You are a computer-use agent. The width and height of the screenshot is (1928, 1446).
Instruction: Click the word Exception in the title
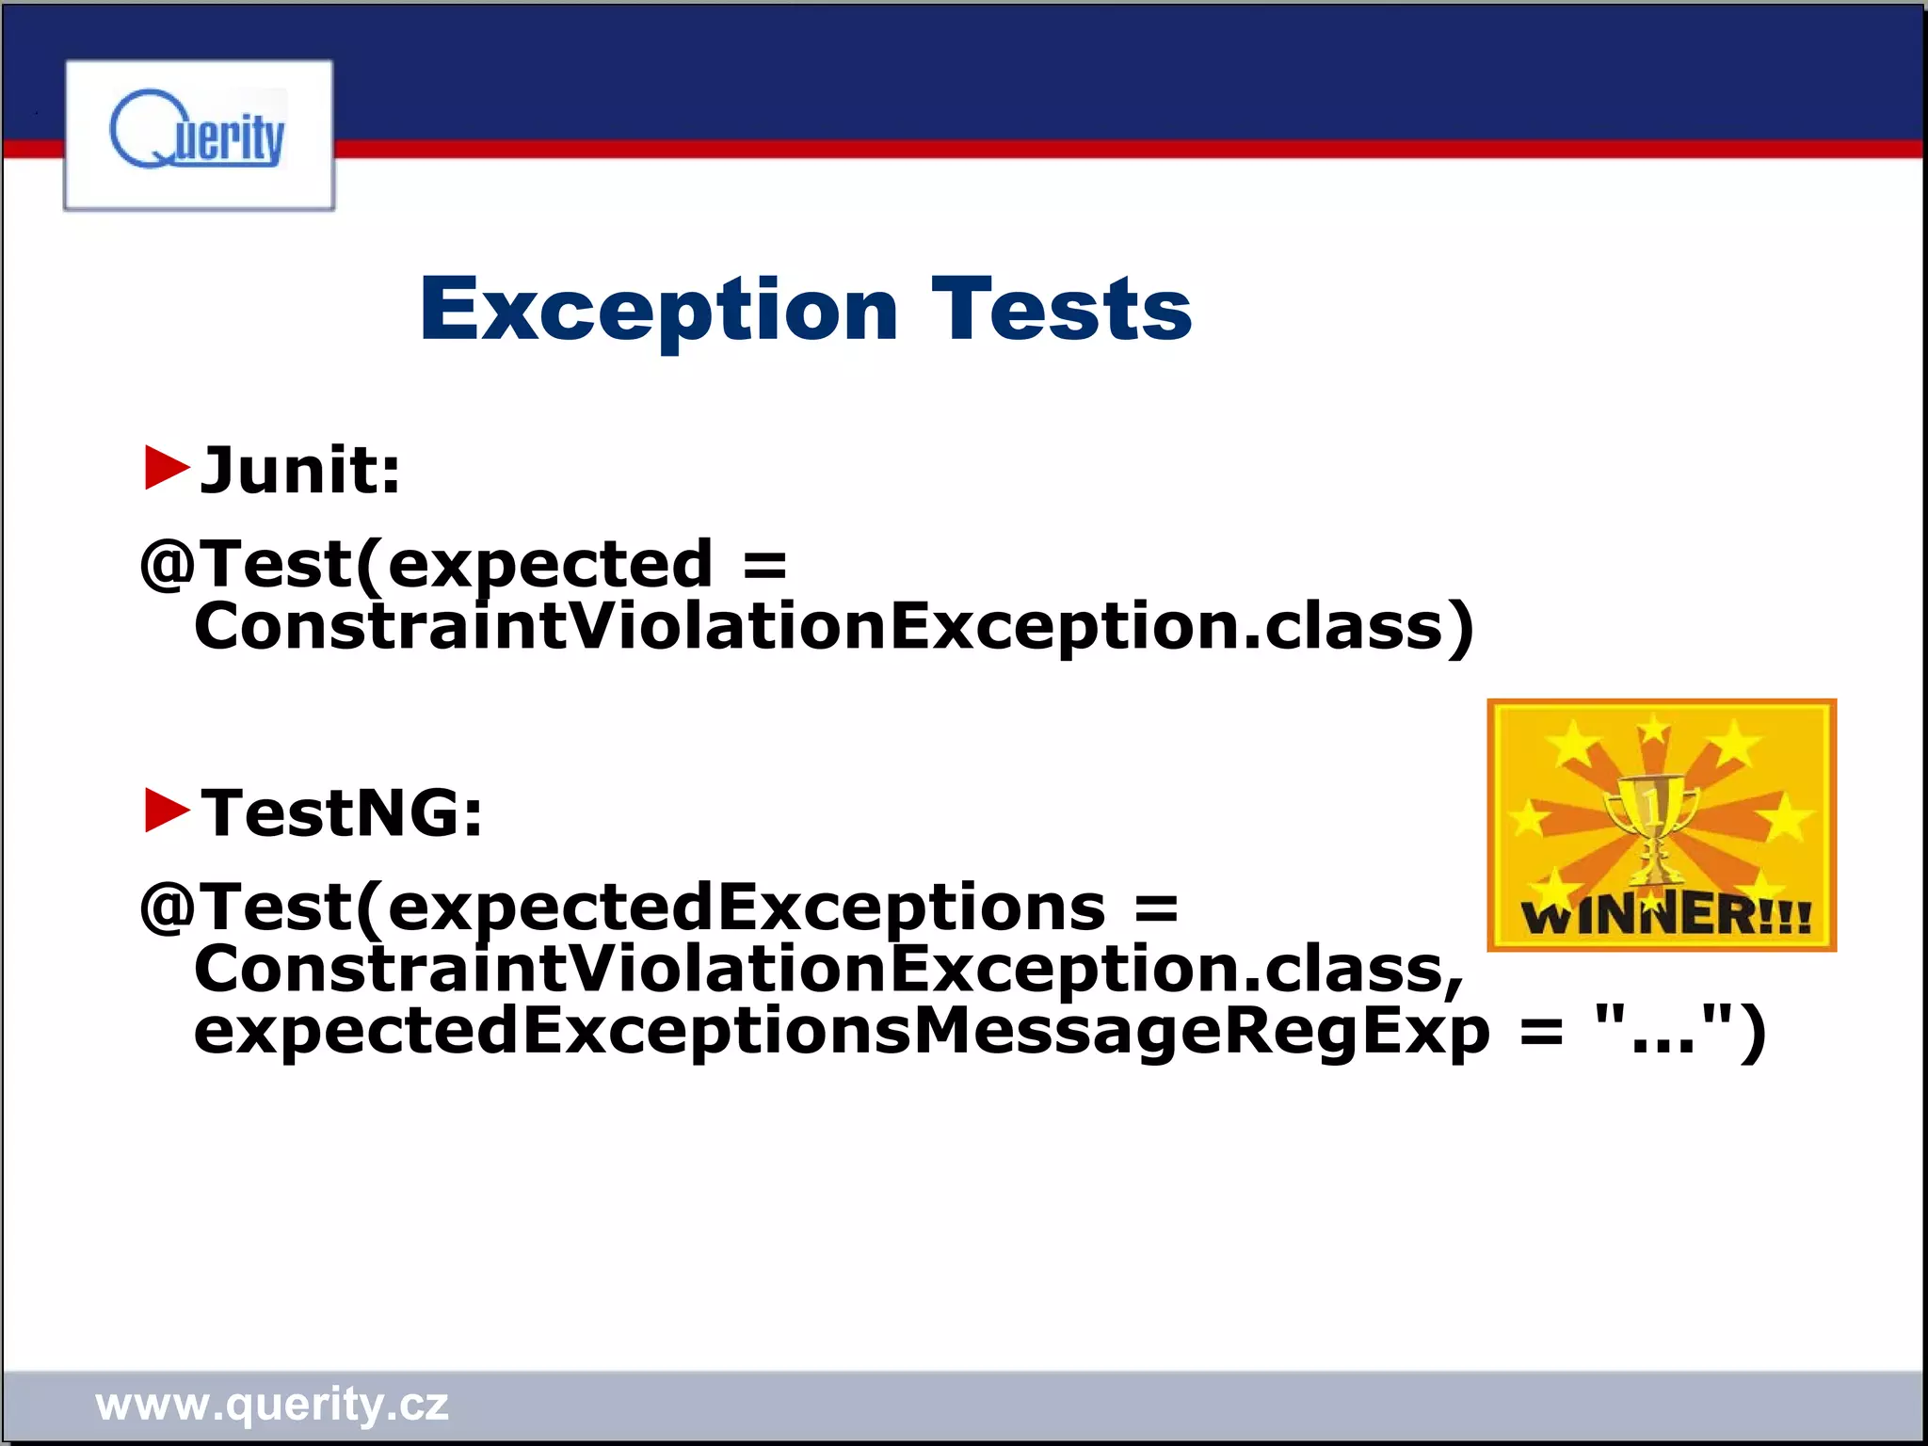coord(659,310)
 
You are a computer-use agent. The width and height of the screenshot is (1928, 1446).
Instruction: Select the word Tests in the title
coord(1061,310)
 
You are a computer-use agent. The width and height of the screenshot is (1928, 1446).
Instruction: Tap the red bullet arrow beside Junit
coord(167,468)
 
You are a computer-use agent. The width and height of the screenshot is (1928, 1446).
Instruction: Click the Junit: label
coord(300,470)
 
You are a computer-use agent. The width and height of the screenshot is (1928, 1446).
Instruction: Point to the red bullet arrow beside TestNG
coord(167,811)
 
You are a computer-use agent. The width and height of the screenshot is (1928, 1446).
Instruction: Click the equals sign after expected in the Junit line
coord(764,566)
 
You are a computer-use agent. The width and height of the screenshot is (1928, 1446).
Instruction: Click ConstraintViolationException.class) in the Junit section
coord(834,626)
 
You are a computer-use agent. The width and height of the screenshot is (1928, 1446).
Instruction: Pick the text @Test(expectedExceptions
coord(622,908)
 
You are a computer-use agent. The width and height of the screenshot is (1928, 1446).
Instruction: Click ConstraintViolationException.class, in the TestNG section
coord(828,969)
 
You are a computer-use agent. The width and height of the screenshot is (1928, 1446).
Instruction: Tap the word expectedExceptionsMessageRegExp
coord(842,1030)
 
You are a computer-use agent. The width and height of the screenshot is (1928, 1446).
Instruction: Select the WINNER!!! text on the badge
coord(1665,916)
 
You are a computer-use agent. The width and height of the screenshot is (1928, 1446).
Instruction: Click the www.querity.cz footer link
coord(272,1404)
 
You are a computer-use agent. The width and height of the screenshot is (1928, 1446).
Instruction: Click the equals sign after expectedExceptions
coord(1156,908)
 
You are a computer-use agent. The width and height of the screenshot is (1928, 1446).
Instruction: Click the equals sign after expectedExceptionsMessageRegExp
coord(1541,1032)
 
